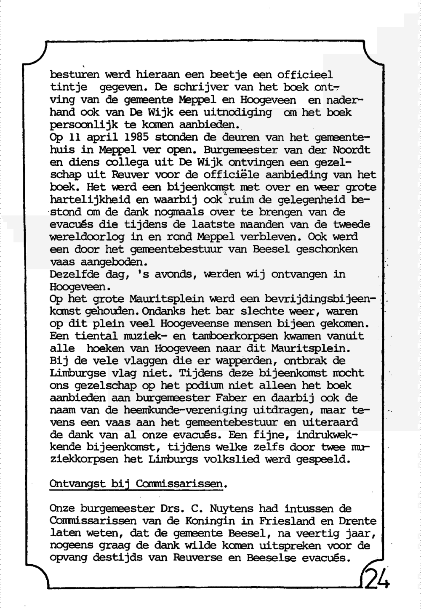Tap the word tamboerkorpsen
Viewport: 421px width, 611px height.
(234, 336)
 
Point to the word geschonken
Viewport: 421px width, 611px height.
(327, 249)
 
